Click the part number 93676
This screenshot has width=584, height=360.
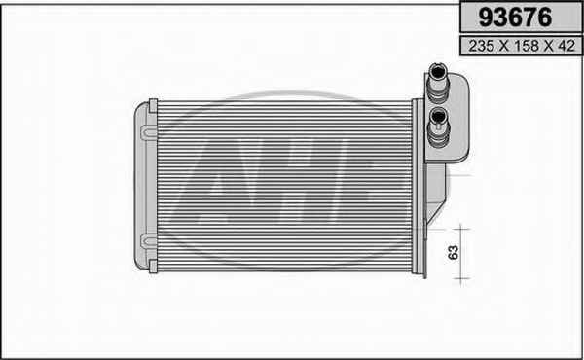[515, 18]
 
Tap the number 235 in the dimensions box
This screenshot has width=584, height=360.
[481, 46]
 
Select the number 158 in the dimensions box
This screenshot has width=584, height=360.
[527, 46]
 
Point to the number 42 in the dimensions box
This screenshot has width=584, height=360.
[566, 46]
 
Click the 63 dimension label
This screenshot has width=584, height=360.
[454, 252]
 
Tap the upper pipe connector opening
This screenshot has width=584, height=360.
[438, 71]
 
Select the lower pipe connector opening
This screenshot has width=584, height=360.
[438, 117]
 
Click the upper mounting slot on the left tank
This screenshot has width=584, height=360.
[149, 132]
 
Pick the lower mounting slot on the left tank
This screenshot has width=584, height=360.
[149, 240]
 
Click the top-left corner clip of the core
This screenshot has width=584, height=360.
[153, 106]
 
